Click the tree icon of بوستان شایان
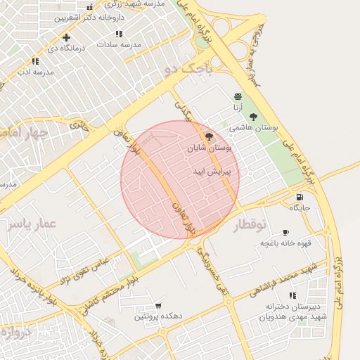tap(209, 136)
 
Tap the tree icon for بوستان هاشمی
tap(253, 117)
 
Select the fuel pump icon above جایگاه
tap(300, 197)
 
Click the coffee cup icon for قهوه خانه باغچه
tap(285, 232)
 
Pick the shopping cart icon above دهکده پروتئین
tap(158, 306)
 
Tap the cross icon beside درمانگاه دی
tap(66, 37)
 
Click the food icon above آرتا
tap(238, 96)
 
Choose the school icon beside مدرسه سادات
tap(119, 33)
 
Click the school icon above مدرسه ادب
tap(35, 61)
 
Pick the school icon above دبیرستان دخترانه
tap(292, 295)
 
